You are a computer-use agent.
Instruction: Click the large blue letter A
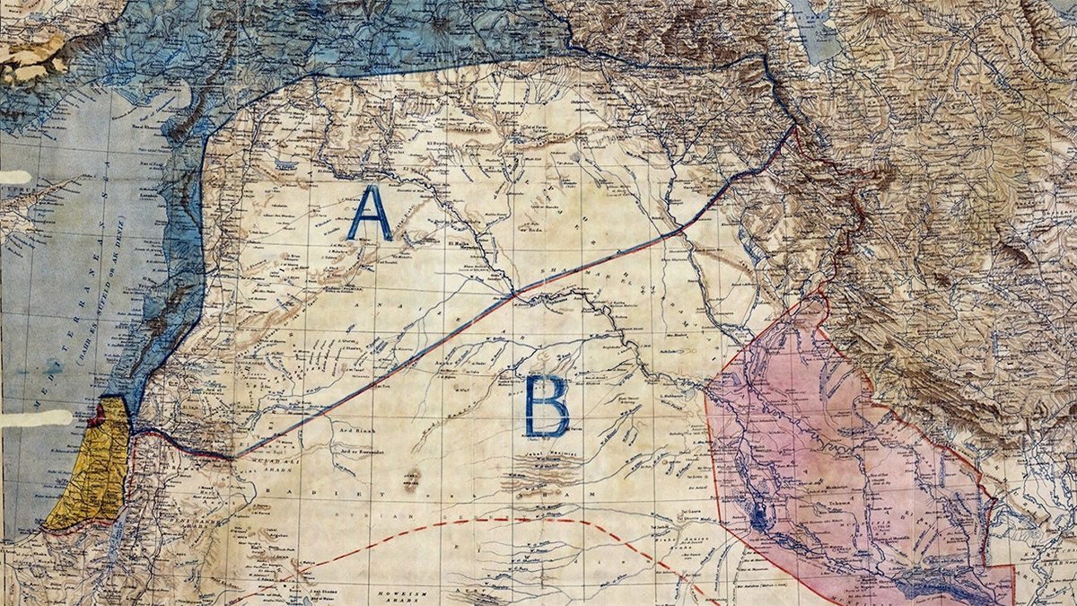pyautogui.click(x=370, y=214)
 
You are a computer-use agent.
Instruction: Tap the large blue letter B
pyautogui.click(x=547, y=406)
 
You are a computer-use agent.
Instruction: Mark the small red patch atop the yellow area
pyautogui.click(x=97, y=416)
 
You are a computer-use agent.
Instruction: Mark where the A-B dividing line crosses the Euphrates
pyautogui.click(x=514, y=294)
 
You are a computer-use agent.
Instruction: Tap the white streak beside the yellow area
pyautogui.click(x=36, y=418)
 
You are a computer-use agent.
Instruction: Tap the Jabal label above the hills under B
pyautogui.click(x=538, y=457)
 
